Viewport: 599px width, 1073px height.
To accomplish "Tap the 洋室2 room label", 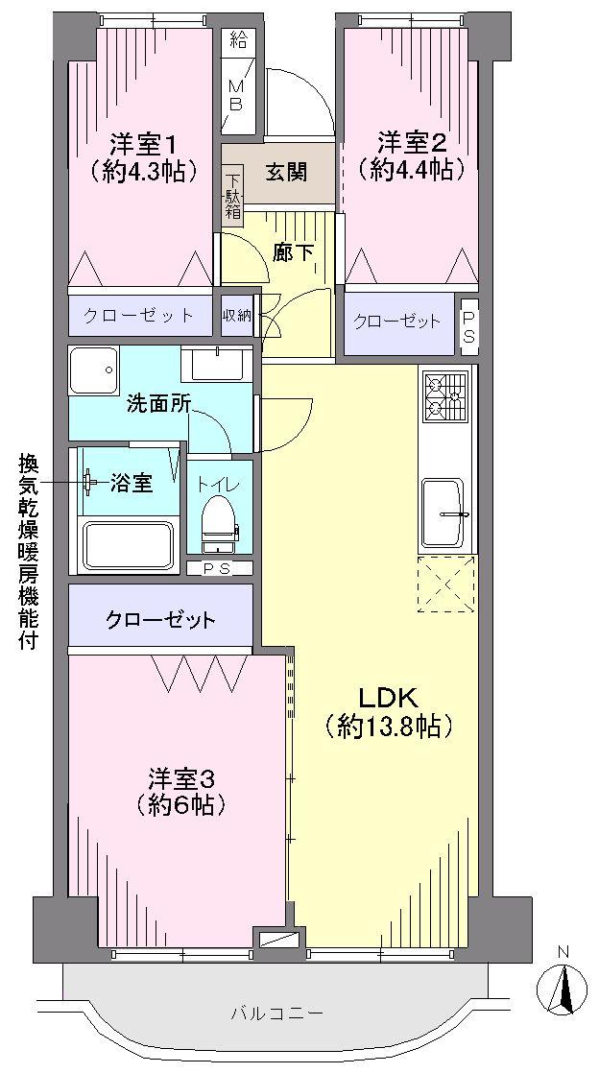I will pyautogui.click(x=411, y=143).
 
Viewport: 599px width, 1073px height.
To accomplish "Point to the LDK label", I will pyautogui.click(x=387, y=696).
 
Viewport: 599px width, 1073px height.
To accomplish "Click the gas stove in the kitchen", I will pyautogui.click(x=445, y=394).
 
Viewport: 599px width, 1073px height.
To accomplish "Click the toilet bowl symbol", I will pyautogui.click(x=219, y=522).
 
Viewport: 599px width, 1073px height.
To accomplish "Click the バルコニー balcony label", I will pyautogui.click(x=277, y=1013).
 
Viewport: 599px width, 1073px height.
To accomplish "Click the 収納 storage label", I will pyautogui.click(x=236, y=316).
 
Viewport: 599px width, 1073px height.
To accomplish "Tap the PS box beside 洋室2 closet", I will pyautogui.click(x=468, y=322).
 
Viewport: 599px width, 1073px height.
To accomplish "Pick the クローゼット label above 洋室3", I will pyautogui.click(x=160, y=619).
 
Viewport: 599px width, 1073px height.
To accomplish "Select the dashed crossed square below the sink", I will pyautogui.click(x=446, y=584).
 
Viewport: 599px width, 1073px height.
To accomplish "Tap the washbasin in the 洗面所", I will pyautogui.click(x=216, y=366).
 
